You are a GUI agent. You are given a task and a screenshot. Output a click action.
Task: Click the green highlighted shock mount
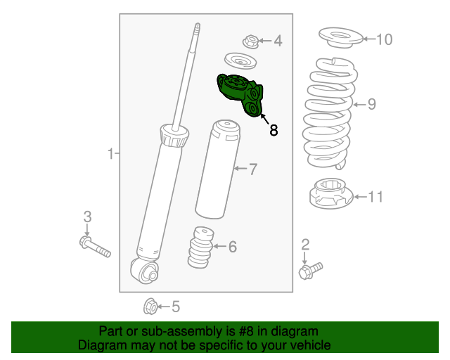239,94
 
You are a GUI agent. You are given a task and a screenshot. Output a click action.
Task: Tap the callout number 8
274,130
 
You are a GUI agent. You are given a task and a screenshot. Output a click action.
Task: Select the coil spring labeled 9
330,113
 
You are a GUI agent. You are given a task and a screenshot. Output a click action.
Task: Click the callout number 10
384,39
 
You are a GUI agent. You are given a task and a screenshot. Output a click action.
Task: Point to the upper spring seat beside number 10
340,37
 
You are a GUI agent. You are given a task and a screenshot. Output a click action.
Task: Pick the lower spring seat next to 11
331,193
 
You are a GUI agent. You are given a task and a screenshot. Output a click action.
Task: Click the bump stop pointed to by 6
200,247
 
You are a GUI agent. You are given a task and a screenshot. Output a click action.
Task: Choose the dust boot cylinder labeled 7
217,169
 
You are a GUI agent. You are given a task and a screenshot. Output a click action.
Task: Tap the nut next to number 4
251,41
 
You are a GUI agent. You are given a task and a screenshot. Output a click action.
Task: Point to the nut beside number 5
150,307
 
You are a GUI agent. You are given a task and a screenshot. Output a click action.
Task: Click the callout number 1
111,153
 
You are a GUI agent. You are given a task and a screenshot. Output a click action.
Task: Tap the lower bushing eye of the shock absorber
145,271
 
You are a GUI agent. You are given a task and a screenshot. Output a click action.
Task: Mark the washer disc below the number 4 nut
240,61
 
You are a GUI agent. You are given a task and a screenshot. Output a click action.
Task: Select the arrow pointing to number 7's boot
240,168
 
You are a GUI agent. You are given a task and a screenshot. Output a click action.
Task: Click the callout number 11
375,197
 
